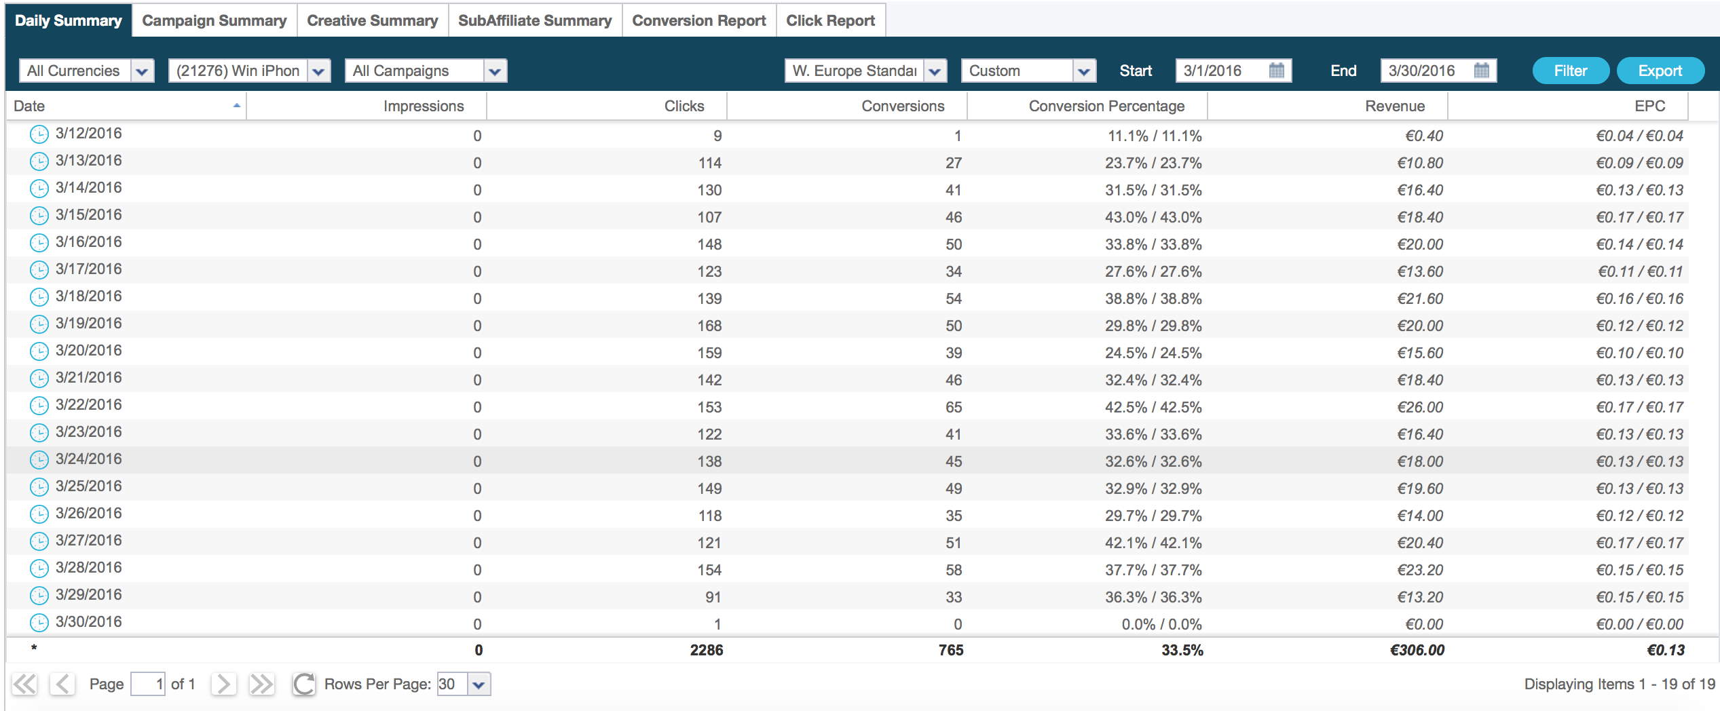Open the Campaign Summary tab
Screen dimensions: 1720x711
(214, 20)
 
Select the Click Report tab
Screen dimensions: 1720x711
(830, 20)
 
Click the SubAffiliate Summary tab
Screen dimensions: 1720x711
(535, 20)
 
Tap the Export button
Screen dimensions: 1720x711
(1660, 71)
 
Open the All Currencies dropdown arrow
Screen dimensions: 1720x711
(142, 71)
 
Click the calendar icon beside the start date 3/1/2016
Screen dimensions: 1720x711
(1276, 71)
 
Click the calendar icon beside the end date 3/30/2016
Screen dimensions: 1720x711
(1481, 71)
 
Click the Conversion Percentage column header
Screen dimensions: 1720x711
(1106, 107)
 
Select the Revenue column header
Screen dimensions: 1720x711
(1395, 107)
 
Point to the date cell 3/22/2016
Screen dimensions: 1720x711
(89, 405)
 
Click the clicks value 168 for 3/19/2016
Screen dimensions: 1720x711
(709, 326)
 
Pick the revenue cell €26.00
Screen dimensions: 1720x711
(1420, 407)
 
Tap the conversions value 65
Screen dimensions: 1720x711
(954, 407)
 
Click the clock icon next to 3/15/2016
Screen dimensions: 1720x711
(39, 216)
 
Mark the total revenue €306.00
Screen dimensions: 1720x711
(1417, 650)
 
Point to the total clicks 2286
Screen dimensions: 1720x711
(707, 650)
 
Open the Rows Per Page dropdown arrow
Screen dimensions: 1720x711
(479, 685)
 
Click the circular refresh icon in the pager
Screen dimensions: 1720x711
(304, 684)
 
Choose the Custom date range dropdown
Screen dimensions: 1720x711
(1028, 71)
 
